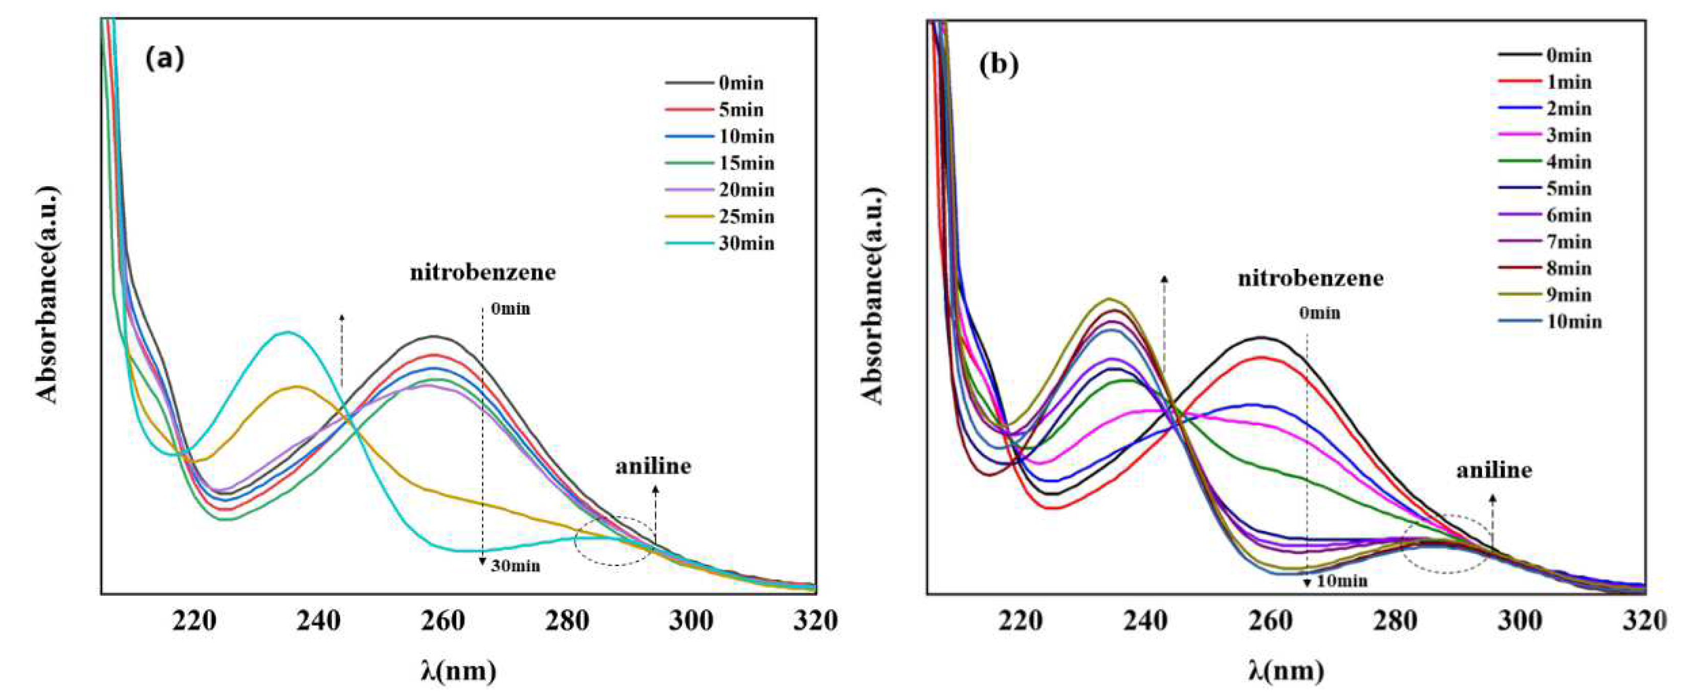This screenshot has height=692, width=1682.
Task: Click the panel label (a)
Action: (x=165, y=59)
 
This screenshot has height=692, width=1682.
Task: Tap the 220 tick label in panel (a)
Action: (x=194, y=621)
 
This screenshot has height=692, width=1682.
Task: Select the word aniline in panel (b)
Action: (x=1494, y=470)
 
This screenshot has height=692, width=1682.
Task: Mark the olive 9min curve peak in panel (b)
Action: (x=1108, y=299)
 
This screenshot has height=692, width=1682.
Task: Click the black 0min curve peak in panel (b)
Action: (x=1261, y=338)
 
